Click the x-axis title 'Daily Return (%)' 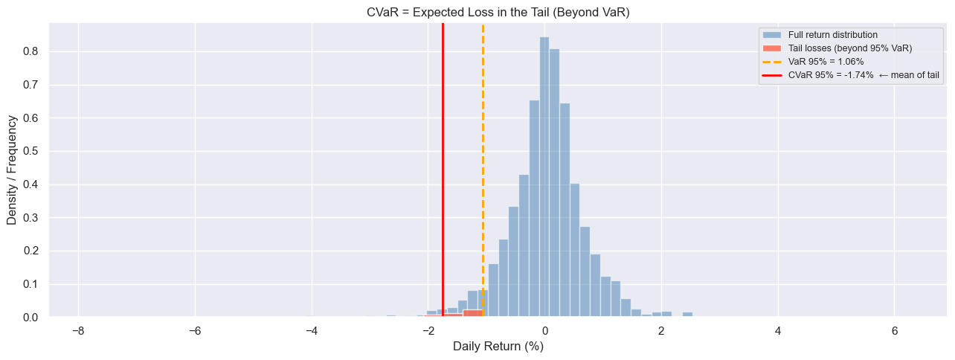click(x=498, y=346)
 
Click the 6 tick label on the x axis click(x=895, y=331)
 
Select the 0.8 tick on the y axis click(x=32, y=51)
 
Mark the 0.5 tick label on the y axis click(x=32, y=151)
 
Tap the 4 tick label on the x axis click(x=778, y=331)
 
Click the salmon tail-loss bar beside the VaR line click(x=472, y=313)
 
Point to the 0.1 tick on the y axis click(x=32, y=284)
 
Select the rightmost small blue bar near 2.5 click(x=687, y=315)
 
